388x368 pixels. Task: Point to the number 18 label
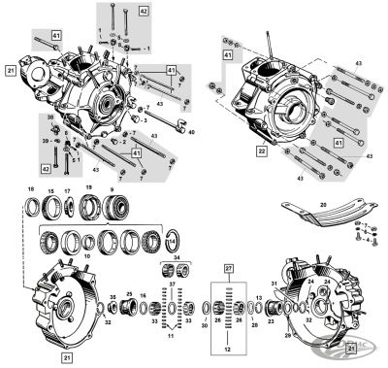click(31, 189)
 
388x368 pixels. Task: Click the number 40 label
click(191, 131)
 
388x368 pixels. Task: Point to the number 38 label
click(52, 117)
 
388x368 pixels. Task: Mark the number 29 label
click(287, 335)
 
